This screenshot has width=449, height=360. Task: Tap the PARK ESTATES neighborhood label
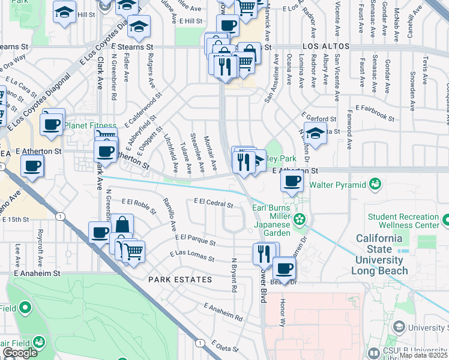coord(180,280)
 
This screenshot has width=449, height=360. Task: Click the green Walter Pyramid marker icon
coord(376,182)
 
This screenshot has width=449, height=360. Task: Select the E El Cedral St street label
coord(213,204)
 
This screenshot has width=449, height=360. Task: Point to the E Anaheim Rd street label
coord(223,312)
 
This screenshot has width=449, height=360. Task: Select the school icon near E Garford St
coord(315,133)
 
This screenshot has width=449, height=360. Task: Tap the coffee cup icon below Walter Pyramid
coord(292,181)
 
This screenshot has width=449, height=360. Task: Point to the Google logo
coord(20,353)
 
